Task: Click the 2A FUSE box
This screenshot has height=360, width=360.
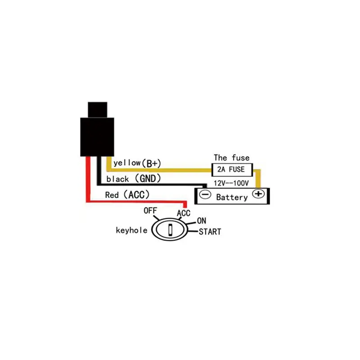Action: click(232, 170)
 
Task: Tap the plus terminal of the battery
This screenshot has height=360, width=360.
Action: click(258, 194)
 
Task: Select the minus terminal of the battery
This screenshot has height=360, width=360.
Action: click(205, 195)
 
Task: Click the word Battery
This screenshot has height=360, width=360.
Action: click(232, 197)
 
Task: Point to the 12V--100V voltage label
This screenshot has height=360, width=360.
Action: click(231, 183)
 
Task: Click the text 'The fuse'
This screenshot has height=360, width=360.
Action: click(231, 158)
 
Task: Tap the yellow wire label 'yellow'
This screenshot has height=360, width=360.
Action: click(127, 163)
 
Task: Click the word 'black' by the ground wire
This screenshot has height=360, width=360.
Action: click(117, 179)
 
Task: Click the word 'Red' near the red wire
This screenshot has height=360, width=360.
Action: click(112, 195)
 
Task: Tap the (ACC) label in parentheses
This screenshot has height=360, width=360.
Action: click(137, 195)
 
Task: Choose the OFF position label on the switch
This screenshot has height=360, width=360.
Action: click(150, 211)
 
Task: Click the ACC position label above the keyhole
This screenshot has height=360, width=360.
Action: click(184, 213)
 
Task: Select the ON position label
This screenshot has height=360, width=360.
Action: click(202, 221)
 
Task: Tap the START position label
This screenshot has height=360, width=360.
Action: click(210, 232)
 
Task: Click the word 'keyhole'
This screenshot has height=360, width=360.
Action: click(131, 230)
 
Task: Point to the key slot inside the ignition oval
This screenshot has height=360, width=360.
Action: click(170, 229)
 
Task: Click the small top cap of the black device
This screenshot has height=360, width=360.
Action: click(98, 110)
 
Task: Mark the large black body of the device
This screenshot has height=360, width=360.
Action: click(97, 137)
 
